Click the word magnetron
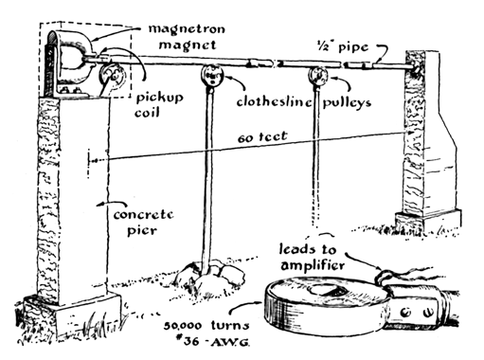coord(187,29)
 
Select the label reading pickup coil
coord(159,105)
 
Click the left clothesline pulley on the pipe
coord(212,75)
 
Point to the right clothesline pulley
coord(318,76)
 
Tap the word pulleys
coord(347,102)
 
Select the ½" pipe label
coord(343,47)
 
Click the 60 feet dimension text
coord(262,137)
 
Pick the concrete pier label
coord(144,223)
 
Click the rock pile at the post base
coord(210,274)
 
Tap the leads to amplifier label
coord(311,258)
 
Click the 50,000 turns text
coord(206,325)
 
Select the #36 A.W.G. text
coord(212,341)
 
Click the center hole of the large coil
coord(326,290)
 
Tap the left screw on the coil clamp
coord(405,313)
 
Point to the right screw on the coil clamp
coord(428,313)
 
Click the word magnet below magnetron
coord(188,45)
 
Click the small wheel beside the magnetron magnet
coord(111,77)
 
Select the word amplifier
coord(313,264)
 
